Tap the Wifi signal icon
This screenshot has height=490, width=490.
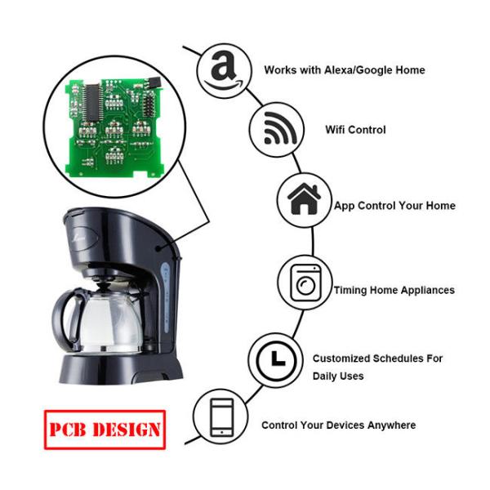tap(280, 128)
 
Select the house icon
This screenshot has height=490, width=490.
tap(304, 199)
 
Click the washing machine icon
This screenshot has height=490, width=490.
tap(305, 283)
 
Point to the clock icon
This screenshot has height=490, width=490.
tap(276, 360)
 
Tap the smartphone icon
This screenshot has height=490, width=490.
tap(221, 417)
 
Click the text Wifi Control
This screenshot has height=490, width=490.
tap(355, 130)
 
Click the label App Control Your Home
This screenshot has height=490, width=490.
tap(394, 206)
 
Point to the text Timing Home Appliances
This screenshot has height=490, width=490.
tap(394, 290)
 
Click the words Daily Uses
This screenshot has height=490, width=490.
tap(338, 376)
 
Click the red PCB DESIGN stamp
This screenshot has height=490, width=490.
tap(105, 430)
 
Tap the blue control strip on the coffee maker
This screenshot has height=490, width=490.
tap(166, 297)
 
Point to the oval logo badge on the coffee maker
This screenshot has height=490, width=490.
tap(84, 238)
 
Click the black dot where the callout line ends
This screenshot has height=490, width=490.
tap(158, 249)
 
